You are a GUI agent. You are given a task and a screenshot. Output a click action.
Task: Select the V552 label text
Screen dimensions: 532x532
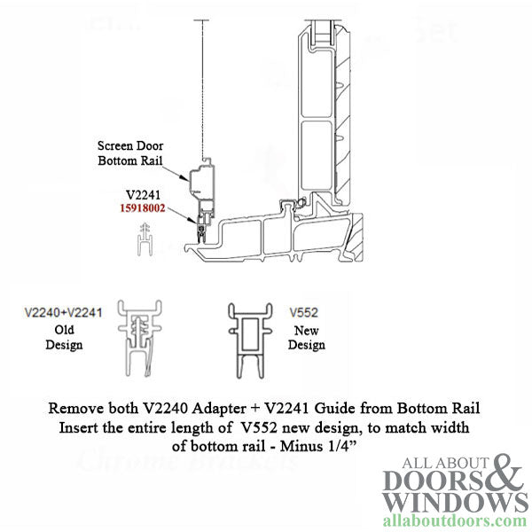(303, 312)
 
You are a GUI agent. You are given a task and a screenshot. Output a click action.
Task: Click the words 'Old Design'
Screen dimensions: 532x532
(63, 337)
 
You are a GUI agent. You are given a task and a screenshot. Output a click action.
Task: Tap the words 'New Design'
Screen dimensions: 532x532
(306, 337)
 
